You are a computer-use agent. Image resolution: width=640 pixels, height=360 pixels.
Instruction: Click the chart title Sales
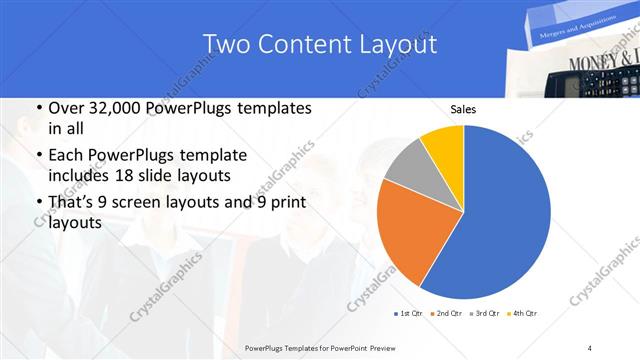(463, 109)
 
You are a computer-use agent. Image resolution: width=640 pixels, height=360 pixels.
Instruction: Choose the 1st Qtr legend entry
(410, 314)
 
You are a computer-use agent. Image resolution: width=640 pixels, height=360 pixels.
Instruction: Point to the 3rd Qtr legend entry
(486, 314)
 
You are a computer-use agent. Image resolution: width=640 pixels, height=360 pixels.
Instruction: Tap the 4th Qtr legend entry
(522, 314)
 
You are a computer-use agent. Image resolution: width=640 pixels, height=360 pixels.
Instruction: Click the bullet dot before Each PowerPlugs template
(38, 156)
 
